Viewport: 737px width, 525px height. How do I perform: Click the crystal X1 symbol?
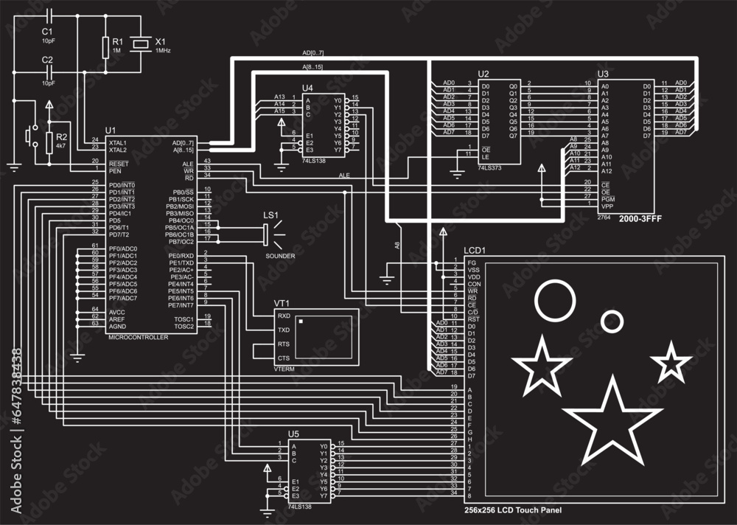click(140, 46)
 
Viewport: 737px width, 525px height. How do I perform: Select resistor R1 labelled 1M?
click(105, 46)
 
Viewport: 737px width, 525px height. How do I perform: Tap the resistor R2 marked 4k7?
click(49, 142)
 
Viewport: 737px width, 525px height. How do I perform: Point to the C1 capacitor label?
click(47, 32)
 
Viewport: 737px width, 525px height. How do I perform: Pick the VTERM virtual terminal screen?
click(324, 335)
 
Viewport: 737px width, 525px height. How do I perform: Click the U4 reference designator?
click(307, 88)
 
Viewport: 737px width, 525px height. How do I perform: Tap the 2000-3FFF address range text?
click(640, 220)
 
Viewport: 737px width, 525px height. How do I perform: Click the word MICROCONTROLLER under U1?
click(138, 337)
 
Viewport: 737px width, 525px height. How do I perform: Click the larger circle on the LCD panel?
click(554, 301)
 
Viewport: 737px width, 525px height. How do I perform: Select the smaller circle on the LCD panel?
click(611, 321)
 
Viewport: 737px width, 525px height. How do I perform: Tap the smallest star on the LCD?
click(671, 361)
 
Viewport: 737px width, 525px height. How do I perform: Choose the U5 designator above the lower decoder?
click(293, 434)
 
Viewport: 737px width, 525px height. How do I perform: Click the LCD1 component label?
click(475, 251)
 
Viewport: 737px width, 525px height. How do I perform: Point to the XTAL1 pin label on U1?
click(117, 142)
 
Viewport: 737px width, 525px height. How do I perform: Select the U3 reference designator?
click(603, 74)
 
